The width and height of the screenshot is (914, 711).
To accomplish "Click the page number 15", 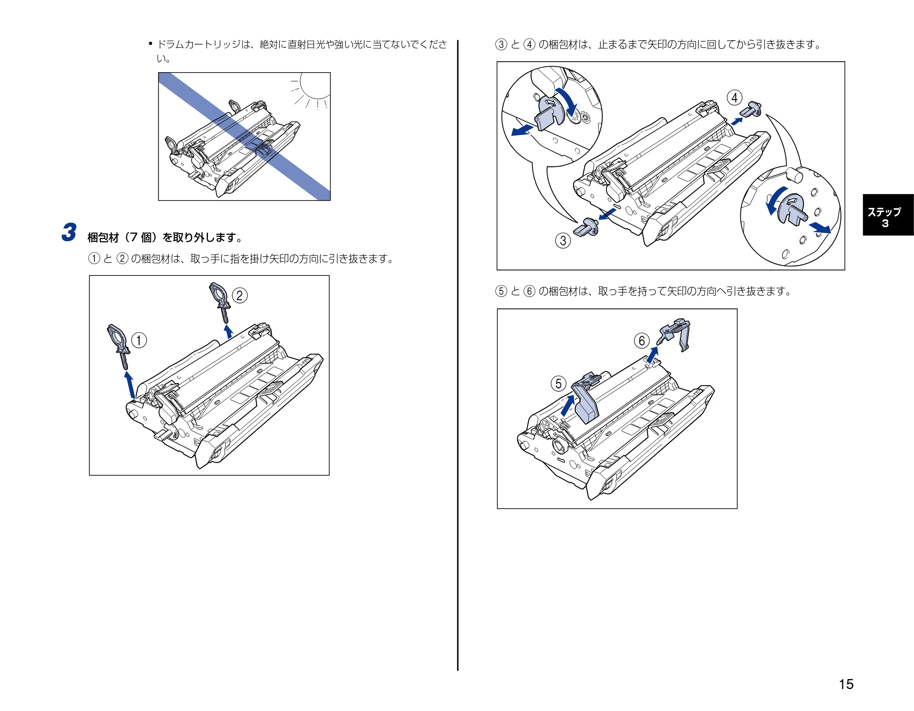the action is pos(846,684).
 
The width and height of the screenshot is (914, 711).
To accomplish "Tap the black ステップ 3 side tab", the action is pos(888,215).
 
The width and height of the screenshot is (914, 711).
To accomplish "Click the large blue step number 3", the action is pos(69,232).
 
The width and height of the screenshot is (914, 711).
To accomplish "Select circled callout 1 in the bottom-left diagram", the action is pos(139,340).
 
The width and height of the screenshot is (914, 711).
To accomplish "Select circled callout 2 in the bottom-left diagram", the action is pos(240,295).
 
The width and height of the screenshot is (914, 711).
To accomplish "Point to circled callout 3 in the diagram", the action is pos(563,240).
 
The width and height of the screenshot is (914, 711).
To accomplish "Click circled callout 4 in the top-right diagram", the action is pos(734,98).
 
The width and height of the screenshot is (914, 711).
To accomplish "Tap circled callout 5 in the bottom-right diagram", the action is pos(558,383).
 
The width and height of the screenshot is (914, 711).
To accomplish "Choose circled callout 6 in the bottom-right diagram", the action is pos(642,340).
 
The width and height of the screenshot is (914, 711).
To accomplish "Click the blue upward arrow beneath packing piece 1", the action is pos(130,385).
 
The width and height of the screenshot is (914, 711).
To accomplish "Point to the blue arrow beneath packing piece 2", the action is pos(228,331).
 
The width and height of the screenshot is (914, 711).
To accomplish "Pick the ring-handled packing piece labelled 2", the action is pos(220,302).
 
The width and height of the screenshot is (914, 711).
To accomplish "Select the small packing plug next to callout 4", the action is pos(750,109).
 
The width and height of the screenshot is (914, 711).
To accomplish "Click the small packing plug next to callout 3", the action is pos(586,228).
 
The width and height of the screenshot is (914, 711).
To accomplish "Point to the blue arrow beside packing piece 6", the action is pos(653,355).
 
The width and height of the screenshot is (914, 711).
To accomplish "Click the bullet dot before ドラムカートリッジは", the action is pos(150,44).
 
